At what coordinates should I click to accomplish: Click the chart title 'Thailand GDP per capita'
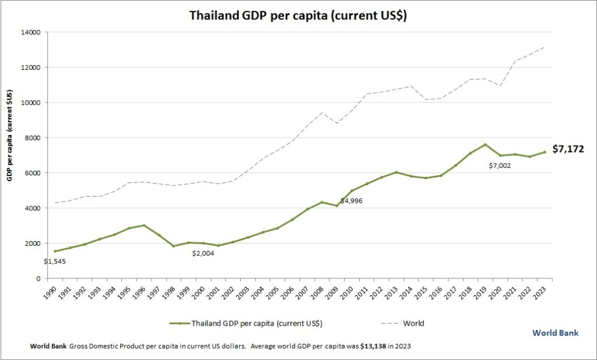click(298, 16)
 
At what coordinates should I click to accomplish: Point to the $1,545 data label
click(56, 260)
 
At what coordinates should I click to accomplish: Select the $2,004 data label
click(203, 253)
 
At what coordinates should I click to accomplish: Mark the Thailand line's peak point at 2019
click(485, 144)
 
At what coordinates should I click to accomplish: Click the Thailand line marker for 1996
click(144, 225)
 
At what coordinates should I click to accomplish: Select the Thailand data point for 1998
click(174, 246)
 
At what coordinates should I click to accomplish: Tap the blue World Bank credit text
click(556, 333)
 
